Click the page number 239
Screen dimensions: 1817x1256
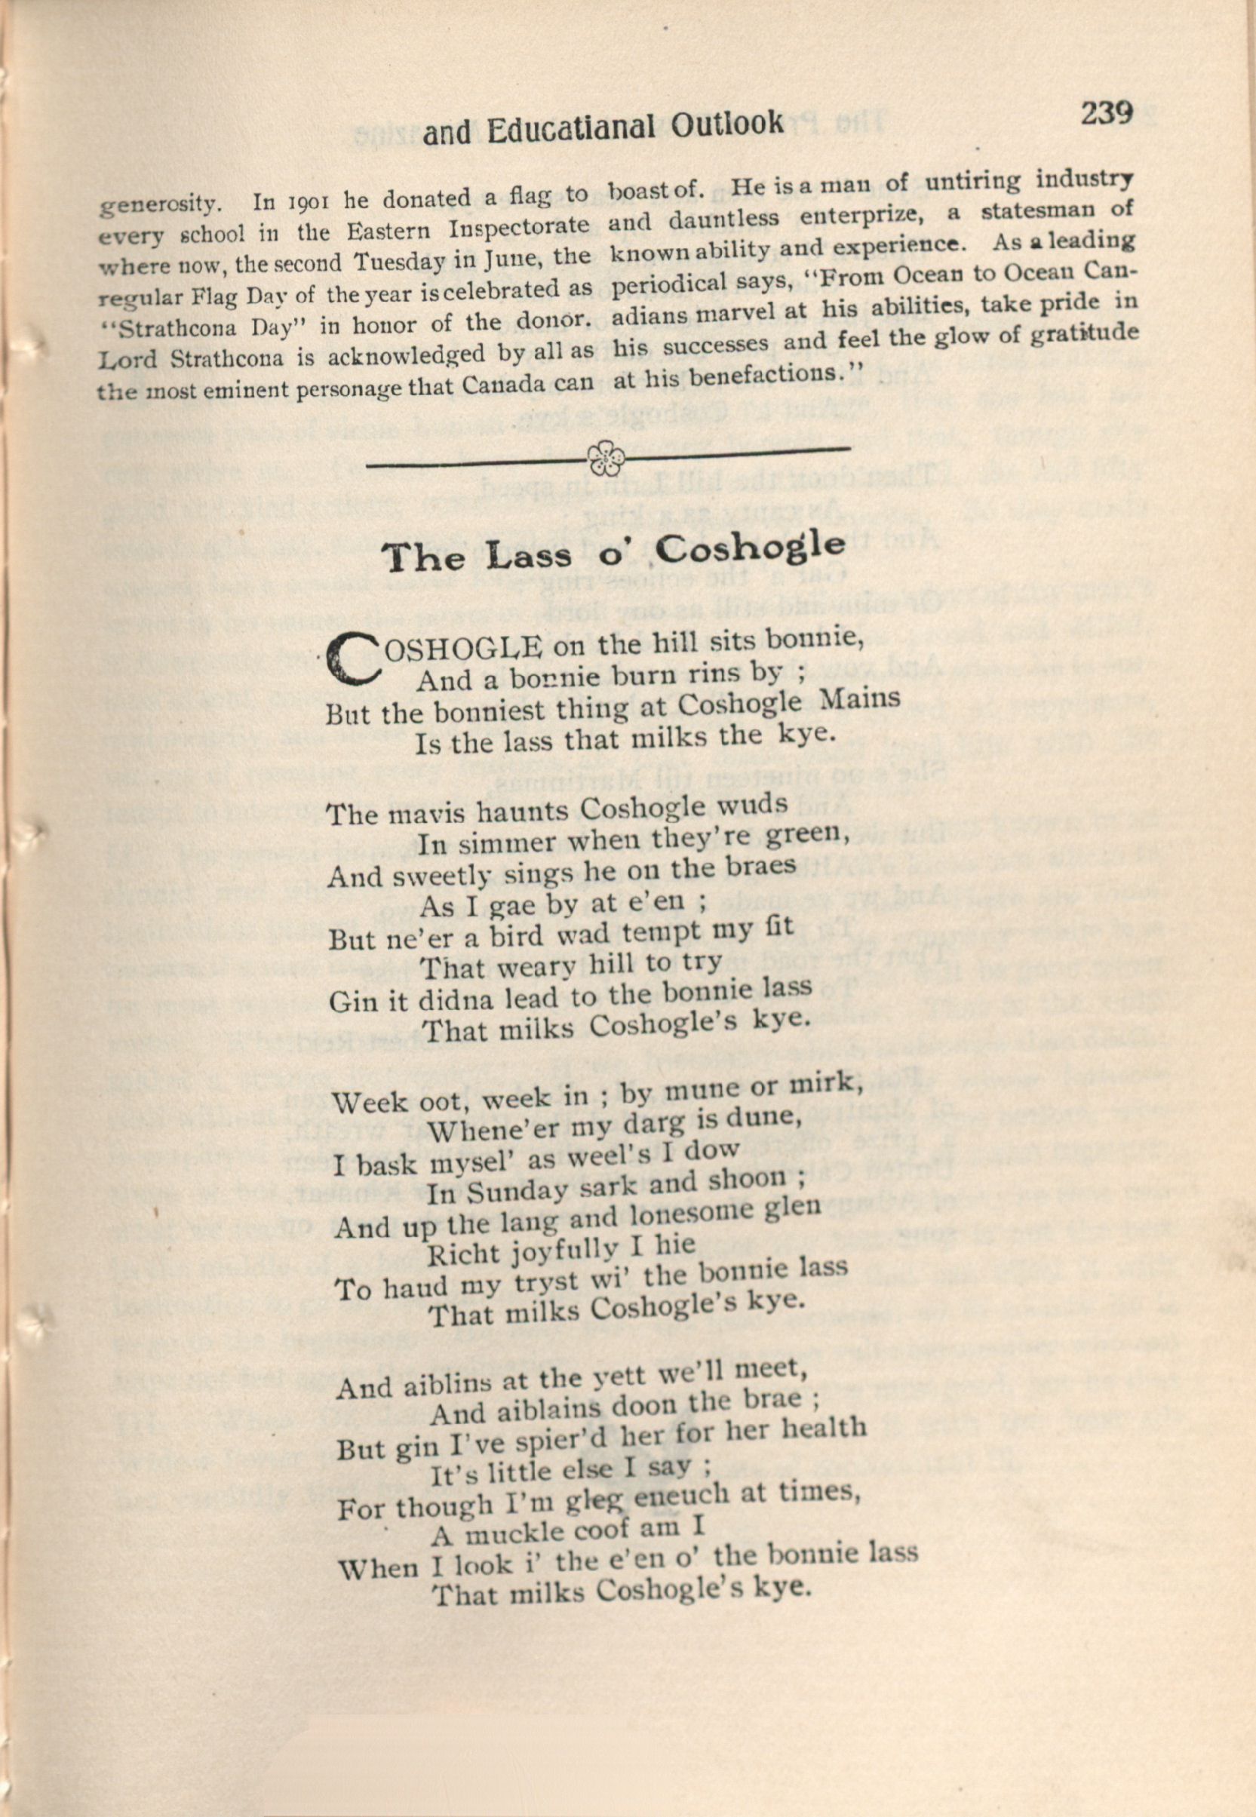click(1107, 112)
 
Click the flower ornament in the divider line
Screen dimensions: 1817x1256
click(605, 458)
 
